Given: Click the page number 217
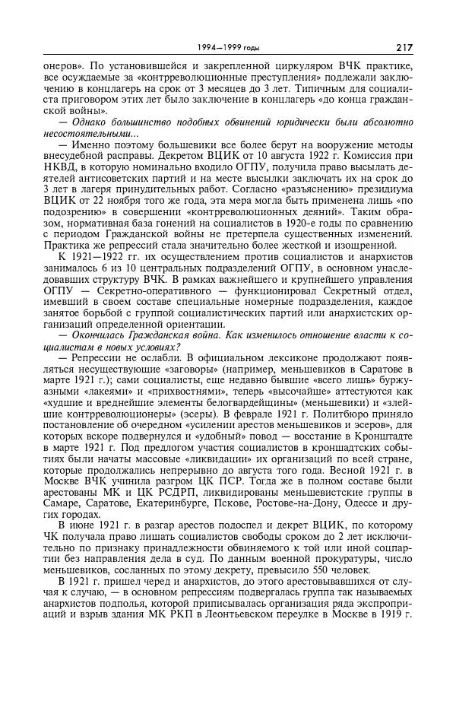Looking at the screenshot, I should [x=404, y=47].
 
